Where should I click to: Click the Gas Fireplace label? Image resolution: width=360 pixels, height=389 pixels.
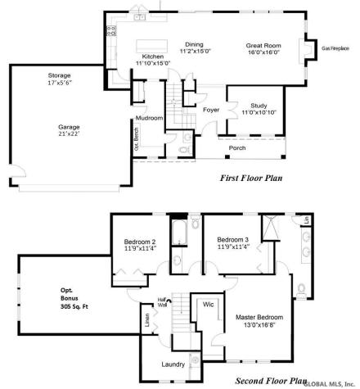coord(335,48)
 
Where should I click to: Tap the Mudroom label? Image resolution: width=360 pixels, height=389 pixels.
coord(150,118)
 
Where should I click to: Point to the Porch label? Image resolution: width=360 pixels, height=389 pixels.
coord(236,148)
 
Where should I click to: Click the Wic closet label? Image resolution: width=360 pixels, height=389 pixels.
coord(209,303)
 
